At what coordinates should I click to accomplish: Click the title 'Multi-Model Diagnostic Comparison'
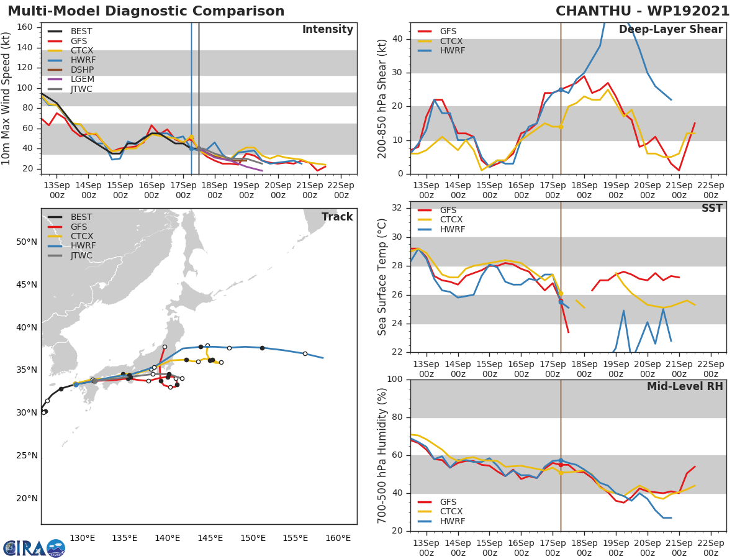(146, 11)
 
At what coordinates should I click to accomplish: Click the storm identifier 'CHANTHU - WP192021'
(643, 11)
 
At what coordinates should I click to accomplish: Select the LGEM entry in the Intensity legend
(83, 79)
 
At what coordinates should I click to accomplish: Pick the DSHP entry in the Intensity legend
(83, 70)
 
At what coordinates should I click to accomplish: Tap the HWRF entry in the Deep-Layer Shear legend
(452, 50)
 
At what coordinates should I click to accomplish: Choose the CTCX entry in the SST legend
(452, 219)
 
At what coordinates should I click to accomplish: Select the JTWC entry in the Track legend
(81, 255)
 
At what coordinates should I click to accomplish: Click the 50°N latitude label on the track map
(27, 242)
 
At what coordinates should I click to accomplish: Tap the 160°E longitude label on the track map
(338, 538)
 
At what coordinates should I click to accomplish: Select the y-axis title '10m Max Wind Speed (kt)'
(7, 98)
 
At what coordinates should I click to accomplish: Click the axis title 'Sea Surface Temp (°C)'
(382, 277)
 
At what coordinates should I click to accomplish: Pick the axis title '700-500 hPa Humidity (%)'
(382, 455)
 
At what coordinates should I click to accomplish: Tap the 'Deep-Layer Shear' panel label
(670, 30)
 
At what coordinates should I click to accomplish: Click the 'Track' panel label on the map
(337, 217)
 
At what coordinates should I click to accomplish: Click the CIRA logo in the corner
(34, 548)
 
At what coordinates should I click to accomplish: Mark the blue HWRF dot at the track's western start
(76, 384)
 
